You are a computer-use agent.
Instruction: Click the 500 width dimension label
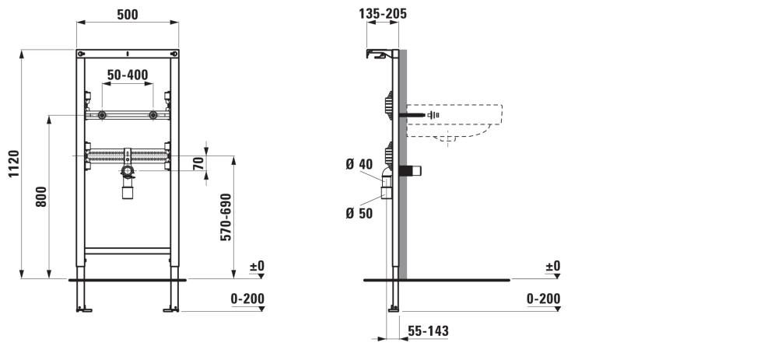128,15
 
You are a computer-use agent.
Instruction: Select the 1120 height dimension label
14,163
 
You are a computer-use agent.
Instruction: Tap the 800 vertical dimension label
41,197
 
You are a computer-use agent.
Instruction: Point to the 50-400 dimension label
128,75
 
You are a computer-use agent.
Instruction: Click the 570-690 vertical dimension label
226,217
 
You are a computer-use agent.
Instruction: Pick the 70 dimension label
198,163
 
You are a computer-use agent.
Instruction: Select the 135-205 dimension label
383,13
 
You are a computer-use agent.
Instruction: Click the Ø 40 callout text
359,163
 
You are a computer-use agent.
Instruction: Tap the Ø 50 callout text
359,214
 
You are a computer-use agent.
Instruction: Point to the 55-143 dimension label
428,330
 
